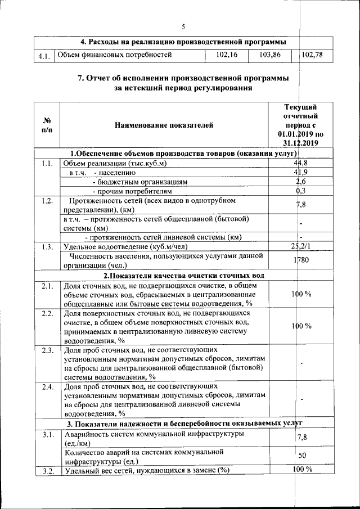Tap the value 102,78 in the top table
point(313,55)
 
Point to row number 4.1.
point(44,56)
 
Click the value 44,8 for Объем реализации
point(300,163)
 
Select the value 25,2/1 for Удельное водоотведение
point(300,246)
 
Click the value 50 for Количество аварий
point(302,455)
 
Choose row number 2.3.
point(47,350)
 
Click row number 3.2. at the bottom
point(47,471)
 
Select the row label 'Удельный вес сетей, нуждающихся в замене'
point(147,471)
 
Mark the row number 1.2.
point(47,200)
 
